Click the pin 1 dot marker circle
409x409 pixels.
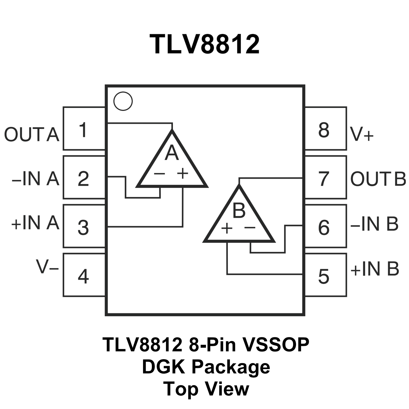pos(123,101)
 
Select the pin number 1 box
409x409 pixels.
pos(84,129)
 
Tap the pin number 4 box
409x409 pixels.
pos(84,275)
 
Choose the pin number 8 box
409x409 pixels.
pos(326,129)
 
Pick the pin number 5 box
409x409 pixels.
pos(326,275)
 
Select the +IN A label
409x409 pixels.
pos(35,223)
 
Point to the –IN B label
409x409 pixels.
pos(374,224)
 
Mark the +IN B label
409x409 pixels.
pos(375,269)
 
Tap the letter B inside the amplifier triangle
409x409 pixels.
pos(239,210)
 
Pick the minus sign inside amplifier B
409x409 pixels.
pos(250,227)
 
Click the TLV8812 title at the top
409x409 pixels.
pos(204,44)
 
